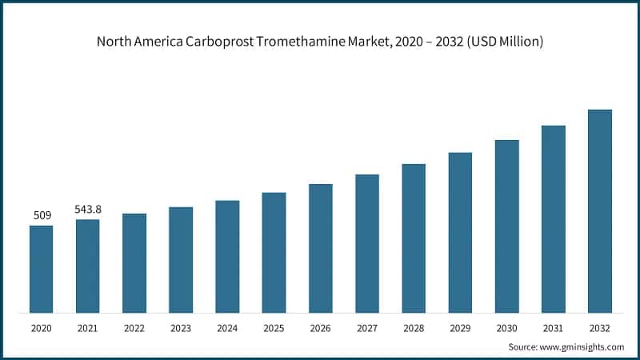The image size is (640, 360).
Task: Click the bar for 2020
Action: (x=41, y=269)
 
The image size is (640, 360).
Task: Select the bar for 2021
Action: (x=88, y=266)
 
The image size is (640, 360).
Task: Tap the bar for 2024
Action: (x=227, y=256)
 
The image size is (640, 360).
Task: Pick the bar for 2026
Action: (x=321, y=248)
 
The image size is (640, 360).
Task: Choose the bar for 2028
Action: (x=414, y=238)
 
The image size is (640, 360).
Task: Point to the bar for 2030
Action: (x=506, y=226)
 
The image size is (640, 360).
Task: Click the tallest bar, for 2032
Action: (x=600, y=211)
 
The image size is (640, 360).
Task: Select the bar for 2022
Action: (x=134, y=263)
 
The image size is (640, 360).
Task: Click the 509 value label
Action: (x=42, y=215)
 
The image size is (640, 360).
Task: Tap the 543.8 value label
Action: (x=88, y=209)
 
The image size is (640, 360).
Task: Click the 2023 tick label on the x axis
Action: (x=181, y=327)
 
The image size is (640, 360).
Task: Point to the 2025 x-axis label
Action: (x=274, y=327)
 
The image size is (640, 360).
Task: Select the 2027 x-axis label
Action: (x=367, y=327)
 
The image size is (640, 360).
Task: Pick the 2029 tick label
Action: (x=460, y=327)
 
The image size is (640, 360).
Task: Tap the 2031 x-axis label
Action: (x=553, y=327)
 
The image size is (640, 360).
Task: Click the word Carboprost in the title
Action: (x=221, y=42)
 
